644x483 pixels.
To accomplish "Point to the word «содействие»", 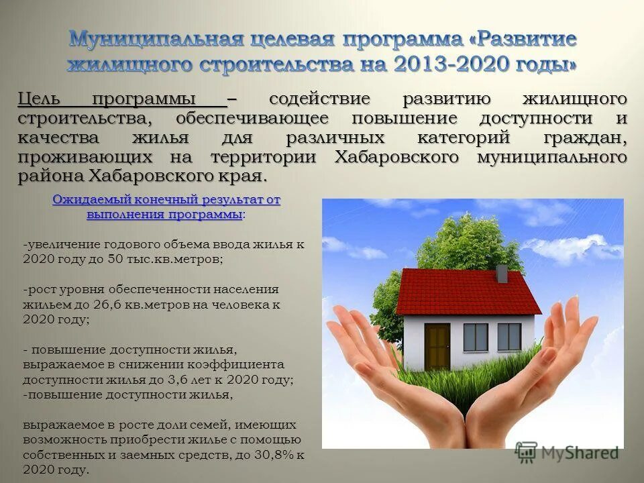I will [x=319, y=99].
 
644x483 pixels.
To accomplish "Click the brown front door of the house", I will [x=437, y=346].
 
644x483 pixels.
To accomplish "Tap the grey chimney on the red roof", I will [x=501, y=273].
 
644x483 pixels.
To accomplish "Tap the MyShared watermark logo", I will [x=566, y=453].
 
